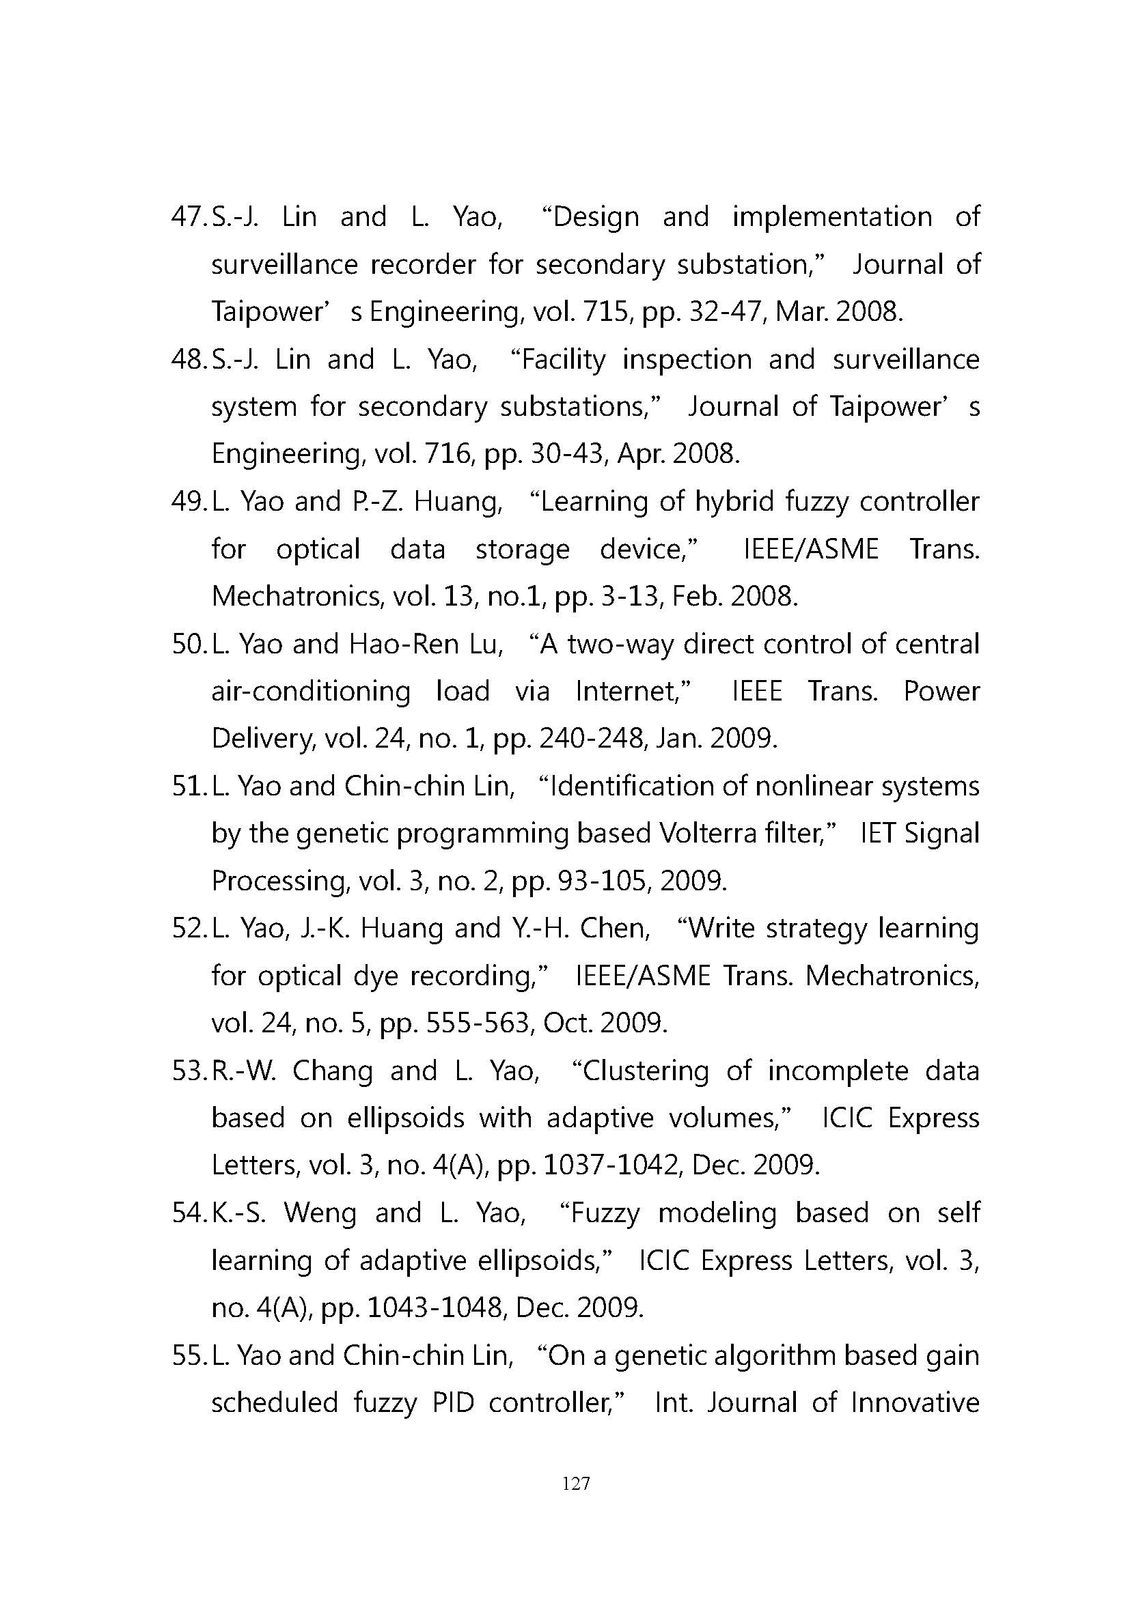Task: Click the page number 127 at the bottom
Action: tap(575, 1484)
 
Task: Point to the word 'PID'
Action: tap(453, 1403)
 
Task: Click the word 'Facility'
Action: tap(564, 361)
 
